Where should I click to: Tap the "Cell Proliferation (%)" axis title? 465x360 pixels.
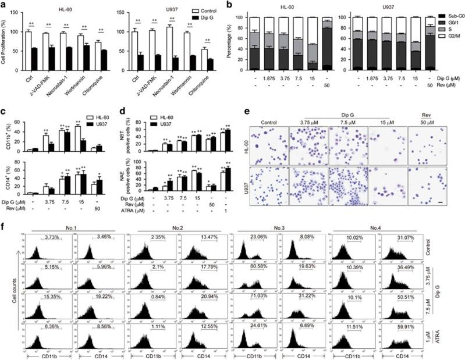(6, 50)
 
